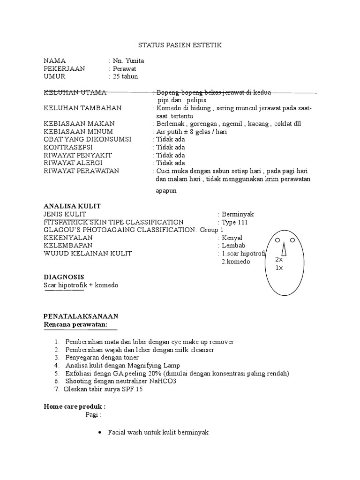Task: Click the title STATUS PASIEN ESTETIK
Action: (x=180, y=45)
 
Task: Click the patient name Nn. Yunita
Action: (x=128, y=61)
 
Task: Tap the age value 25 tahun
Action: (x=125, y=76)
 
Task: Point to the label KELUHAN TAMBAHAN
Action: (x=82, y=108)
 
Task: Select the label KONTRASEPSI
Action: (x=67, y=147)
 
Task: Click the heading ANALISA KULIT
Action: (x=72, y=206)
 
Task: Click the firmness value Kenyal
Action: (x=232, y=238)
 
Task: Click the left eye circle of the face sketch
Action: (x=277, y=240)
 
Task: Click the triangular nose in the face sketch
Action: (x=284, y=251)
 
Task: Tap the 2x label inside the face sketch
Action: (x=279, y=259)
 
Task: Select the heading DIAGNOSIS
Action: (x=64, y=277)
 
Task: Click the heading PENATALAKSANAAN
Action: (x=81, y=316)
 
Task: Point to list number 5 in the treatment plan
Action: (x=57, y=373)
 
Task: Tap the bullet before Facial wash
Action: (x=99, y=433)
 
